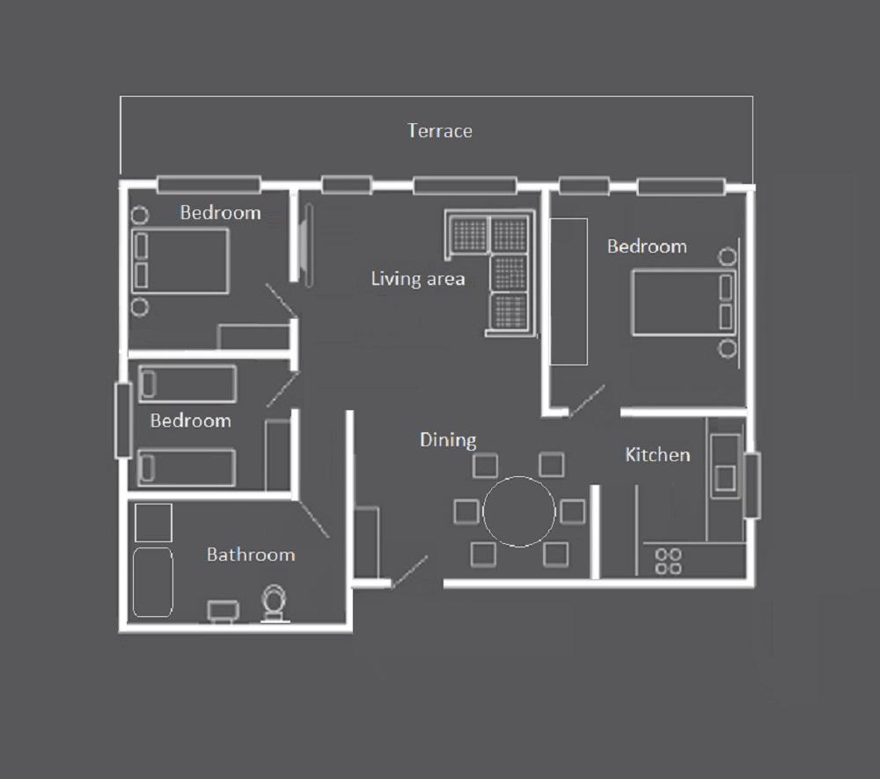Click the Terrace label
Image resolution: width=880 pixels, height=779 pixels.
click(x=439, y=131)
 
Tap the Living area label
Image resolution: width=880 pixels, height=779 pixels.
click(x=417, y=278)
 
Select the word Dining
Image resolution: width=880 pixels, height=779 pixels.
click(x=448, y=440)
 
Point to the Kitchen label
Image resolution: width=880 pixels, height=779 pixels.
click(x=657, y=454)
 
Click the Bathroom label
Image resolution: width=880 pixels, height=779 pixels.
click(x=250, y=555)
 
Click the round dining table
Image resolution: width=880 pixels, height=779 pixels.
click(x=519, y=511)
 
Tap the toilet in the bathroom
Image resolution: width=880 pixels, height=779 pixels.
click(x=275, y=603)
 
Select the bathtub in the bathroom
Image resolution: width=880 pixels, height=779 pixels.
click(x=152, y=582)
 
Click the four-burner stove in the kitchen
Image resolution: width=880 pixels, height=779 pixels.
click(x=669, y=562)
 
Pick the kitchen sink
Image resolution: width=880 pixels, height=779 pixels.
click(x=725, y=478)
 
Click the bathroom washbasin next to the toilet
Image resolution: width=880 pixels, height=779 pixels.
click(x=224, y=611)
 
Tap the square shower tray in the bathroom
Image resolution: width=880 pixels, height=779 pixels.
click(x=153, y=523)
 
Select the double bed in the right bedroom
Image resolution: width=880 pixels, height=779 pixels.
click(x=684, y=303)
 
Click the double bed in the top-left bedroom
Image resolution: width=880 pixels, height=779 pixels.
click(x=180, y=261)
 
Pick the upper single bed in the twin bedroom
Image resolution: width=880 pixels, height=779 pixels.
click(x=187, y=384)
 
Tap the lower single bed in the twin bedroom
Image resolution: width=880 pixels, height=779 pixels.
click(x=187, y=467)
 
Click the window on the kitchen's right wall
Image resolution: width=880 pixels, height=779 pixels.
click(x=752, y=485)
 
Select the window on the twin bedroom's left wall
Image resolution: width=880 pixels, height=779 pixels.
click(x=123, y=421)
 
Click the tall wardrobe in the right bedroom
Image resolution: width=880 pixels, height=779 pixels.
click(x=568, y=292)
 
